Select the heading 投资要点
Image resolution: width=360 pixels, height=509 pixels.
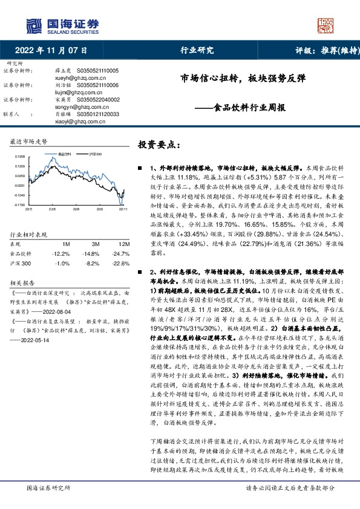click(x=159, y=145)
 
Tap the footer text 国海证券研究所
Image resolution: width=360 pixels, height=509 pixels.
click(x=49, y=487)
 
